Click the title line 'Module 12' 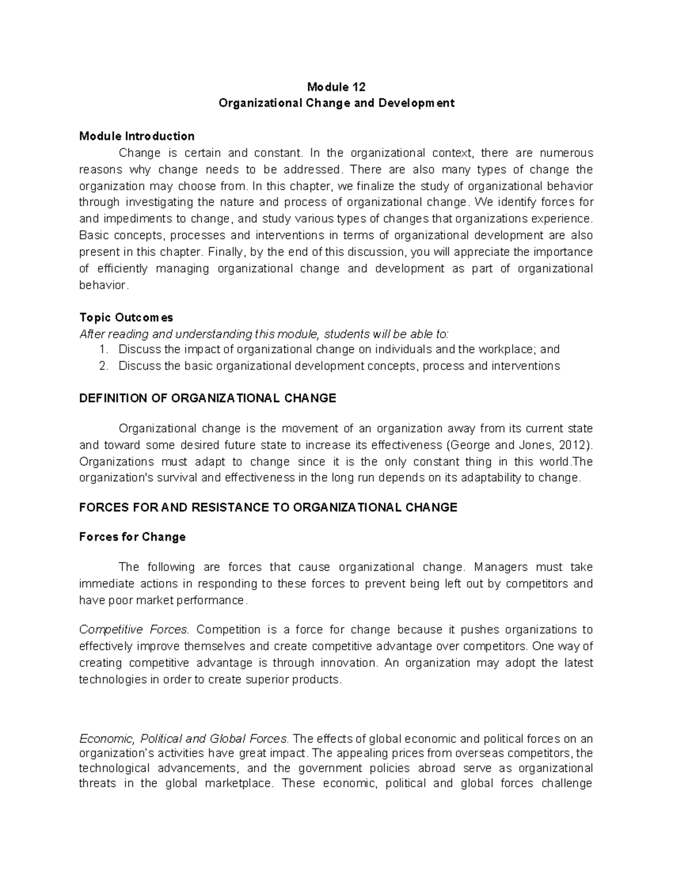(x=336, y=87)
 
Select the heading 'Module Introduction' (x=137, y=136)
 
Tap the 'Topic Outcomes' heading (x=126, y=317)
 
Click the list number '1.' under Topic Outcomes (x=103, y=349)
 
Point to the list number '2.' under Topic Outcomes (x=103, y=366)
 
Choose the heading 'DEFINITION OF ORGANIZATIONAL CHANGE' (x=208, y=398)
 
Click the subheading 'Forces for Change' (x=132, y=537)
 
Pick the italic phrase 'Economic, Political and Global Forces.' (x=183, y=739)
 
